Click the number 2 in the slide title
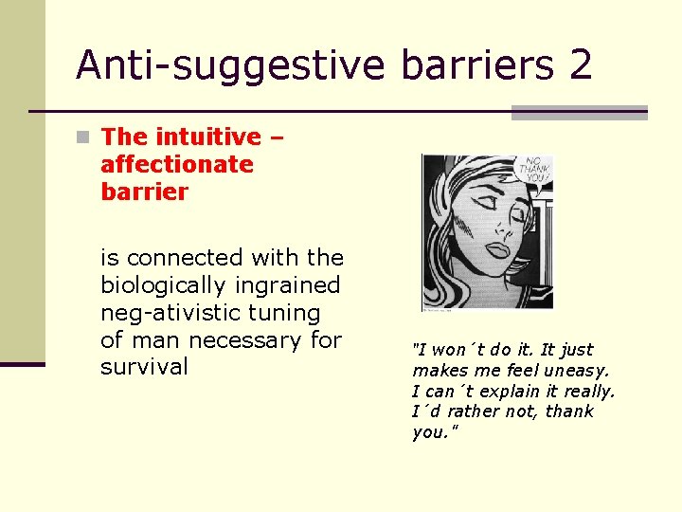(580, 64)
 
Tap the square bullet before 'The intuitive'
(85, 137)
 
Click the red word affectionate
(177, 164)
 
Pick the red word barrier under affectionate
(144, 192)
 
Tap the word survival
(144, 367)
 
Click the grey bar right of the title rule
(580, 113)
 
